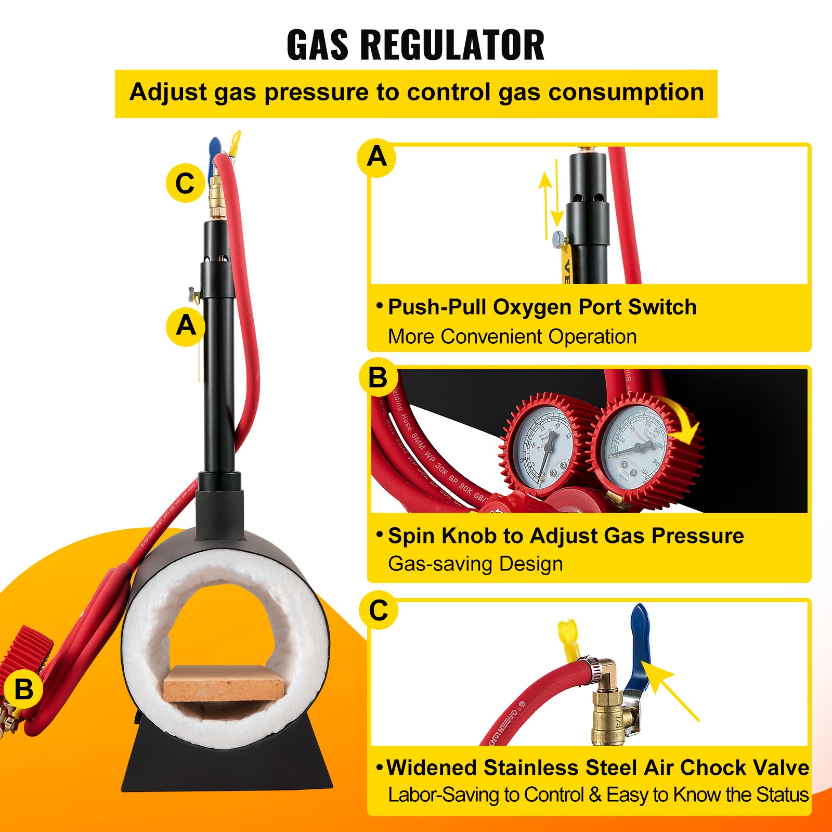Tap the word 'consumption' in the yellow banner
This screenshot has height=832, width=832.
pyautogui.click(x=627, y=92)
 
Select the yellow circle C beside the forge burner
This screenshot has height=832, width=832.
pyautogui.click(x=185, y=183)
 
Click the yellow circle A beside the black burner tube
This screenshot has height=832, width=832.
pyautogui.click(x=186, y=326)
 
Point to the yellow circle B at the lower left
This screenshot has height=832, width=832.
pyautogui.click(x=23, y=690)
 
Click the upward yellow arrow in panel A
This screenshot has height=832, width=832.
pyautogui.click(x=545, y=203)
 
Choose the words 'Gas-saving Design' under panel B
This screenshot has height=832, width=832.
pyautogui.click(x=475, y=564)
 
